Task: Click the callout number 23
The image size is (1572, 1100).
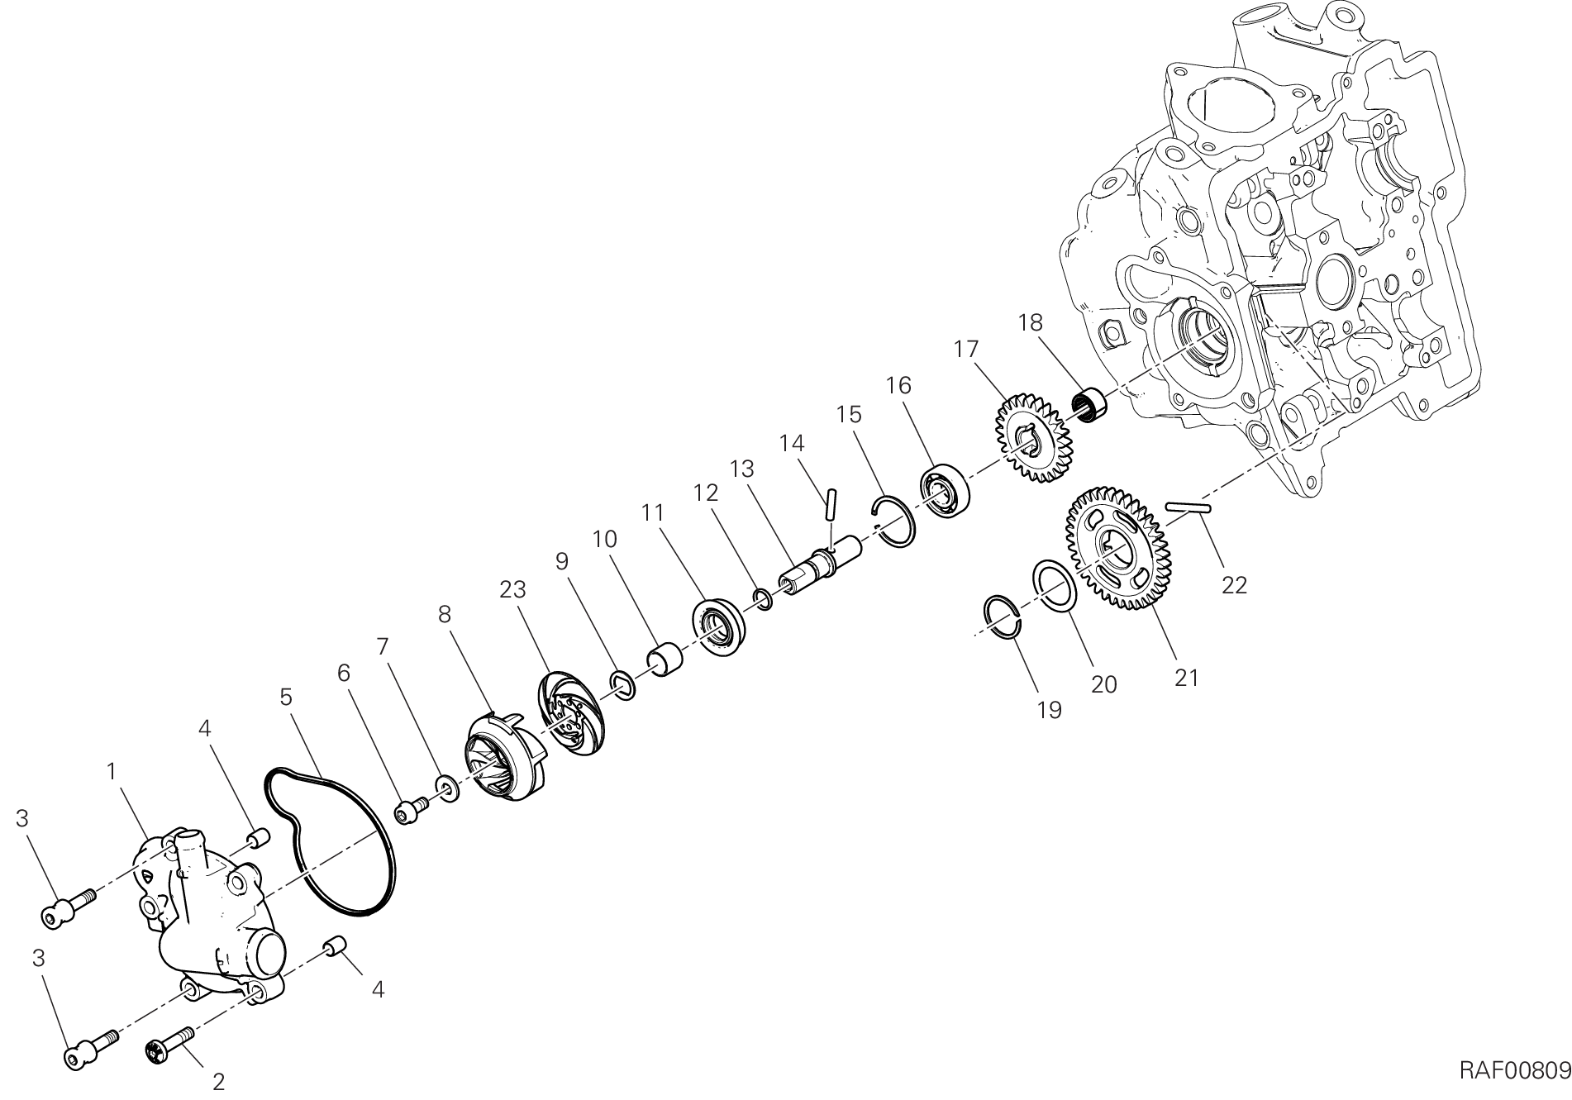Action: pos(512,590)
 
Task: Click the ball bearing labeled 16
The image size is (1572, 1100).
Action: pos(945,493)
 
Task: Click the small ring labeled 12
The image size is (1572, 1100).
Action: pos(763,599)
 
